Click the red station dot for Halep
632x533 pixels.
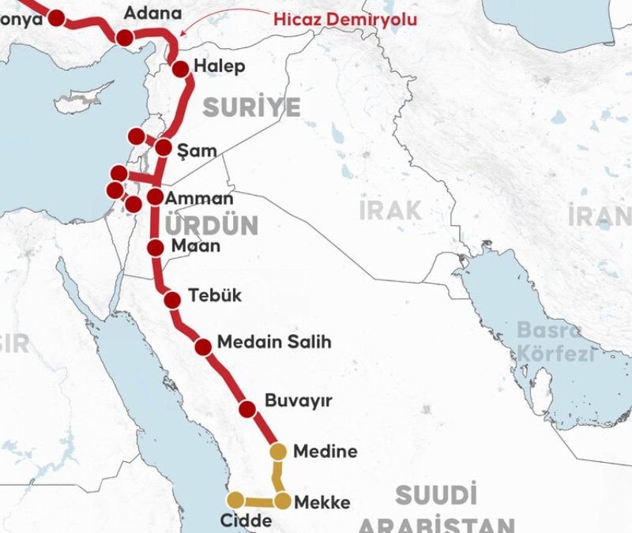(x=180, y=69)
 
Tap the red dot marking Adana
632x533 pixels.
(x=125, y=38)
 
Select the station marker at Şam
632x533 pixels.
(x=164, y=147)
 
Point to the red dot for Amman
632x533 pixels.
(x=155, y=197)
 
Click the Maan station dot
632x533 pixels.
(x=156, y=247)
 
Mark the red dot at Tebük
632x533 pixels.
(x=173, y=299)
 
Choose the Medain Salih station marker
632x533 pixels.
(x=203, y=346)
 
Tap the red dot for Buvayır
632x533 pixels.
(x=247, y=408)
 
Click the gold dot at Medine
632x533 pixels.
(x=278, y=452)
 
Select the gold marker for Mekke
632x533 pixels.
(x=282, y=501)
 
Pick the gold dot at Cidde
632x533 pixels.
(x=235, y=499)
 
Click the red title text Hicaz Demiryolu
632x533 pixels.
(x=345, y=19)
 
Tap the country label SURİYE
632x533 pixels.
(x=251, y=108)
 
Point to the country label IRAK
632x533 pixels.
(x=390, y=210)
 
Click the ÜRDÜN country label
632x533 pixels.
(x=211, y=226)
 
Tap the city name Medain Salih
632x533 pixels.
(x=273, y=343)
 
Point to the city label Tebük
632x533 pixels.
(x=214, y=296)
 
